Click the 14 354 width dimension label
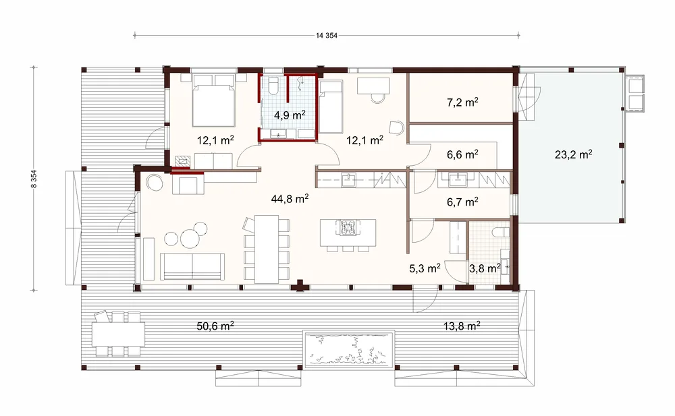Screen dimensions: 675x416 (x=326, y=36)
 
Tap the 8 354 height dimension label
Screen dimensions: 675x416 (x=34, y=179)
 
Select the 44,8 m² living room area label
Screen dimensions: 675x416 (x=290, y=199)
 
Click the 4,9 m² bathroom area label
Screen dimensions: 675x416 (x=290, y=115)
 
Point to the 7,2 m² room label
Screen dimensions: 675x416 (x=462, y=102)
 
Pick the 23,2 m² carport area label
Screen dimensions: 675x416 (x=573, y=154)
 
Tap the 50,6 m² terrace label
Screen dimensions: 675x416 (x=215, y=326)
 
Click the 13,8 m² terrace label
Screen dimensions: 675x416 (x=462, y=326)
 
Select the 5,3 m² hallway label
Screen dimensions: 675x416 (x=425, y=269)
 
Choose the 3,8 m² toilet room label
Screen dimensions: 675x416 (x=485, y=269)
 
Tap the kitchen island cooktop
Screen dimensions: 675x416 (x=348, y=228)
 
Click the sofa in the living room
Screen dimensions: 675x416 (x=192, y=266)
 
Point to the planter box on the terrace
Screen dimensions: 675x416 (x=349, y=349)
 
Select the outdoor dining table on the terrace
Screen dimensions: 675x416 (x=118, y=334)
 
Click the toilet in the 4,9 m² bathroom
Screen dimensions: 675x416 (x=273, y=86)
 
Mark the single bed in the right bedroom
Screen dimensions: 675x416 (x=330, y=108)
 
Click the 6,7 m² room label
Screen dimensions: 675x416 (x=462, y=202)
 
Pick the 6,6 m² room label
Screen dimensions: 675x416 (x=462, y=154)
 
